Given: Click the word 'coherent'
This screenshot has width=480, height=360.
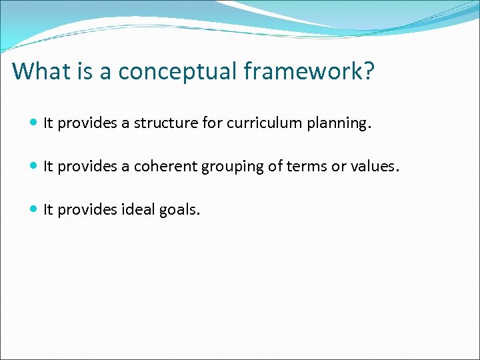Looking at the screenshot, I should tap(160, 167).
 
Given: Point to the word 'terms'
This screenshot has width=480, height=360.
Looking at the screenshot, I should tap(304, 167).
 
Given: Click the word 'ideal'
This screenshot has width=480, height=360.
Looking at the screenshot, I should tap(138, 210).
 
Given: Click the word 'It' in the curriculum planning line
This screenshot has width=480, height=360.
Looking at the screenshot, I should tap(48, 123).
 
